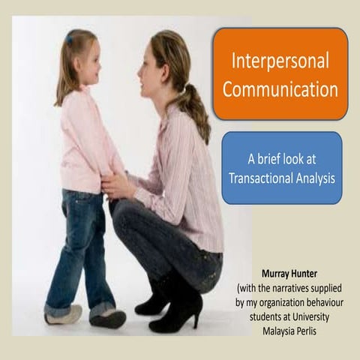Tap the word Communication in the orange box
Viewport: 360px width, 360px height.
(280, 90)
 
